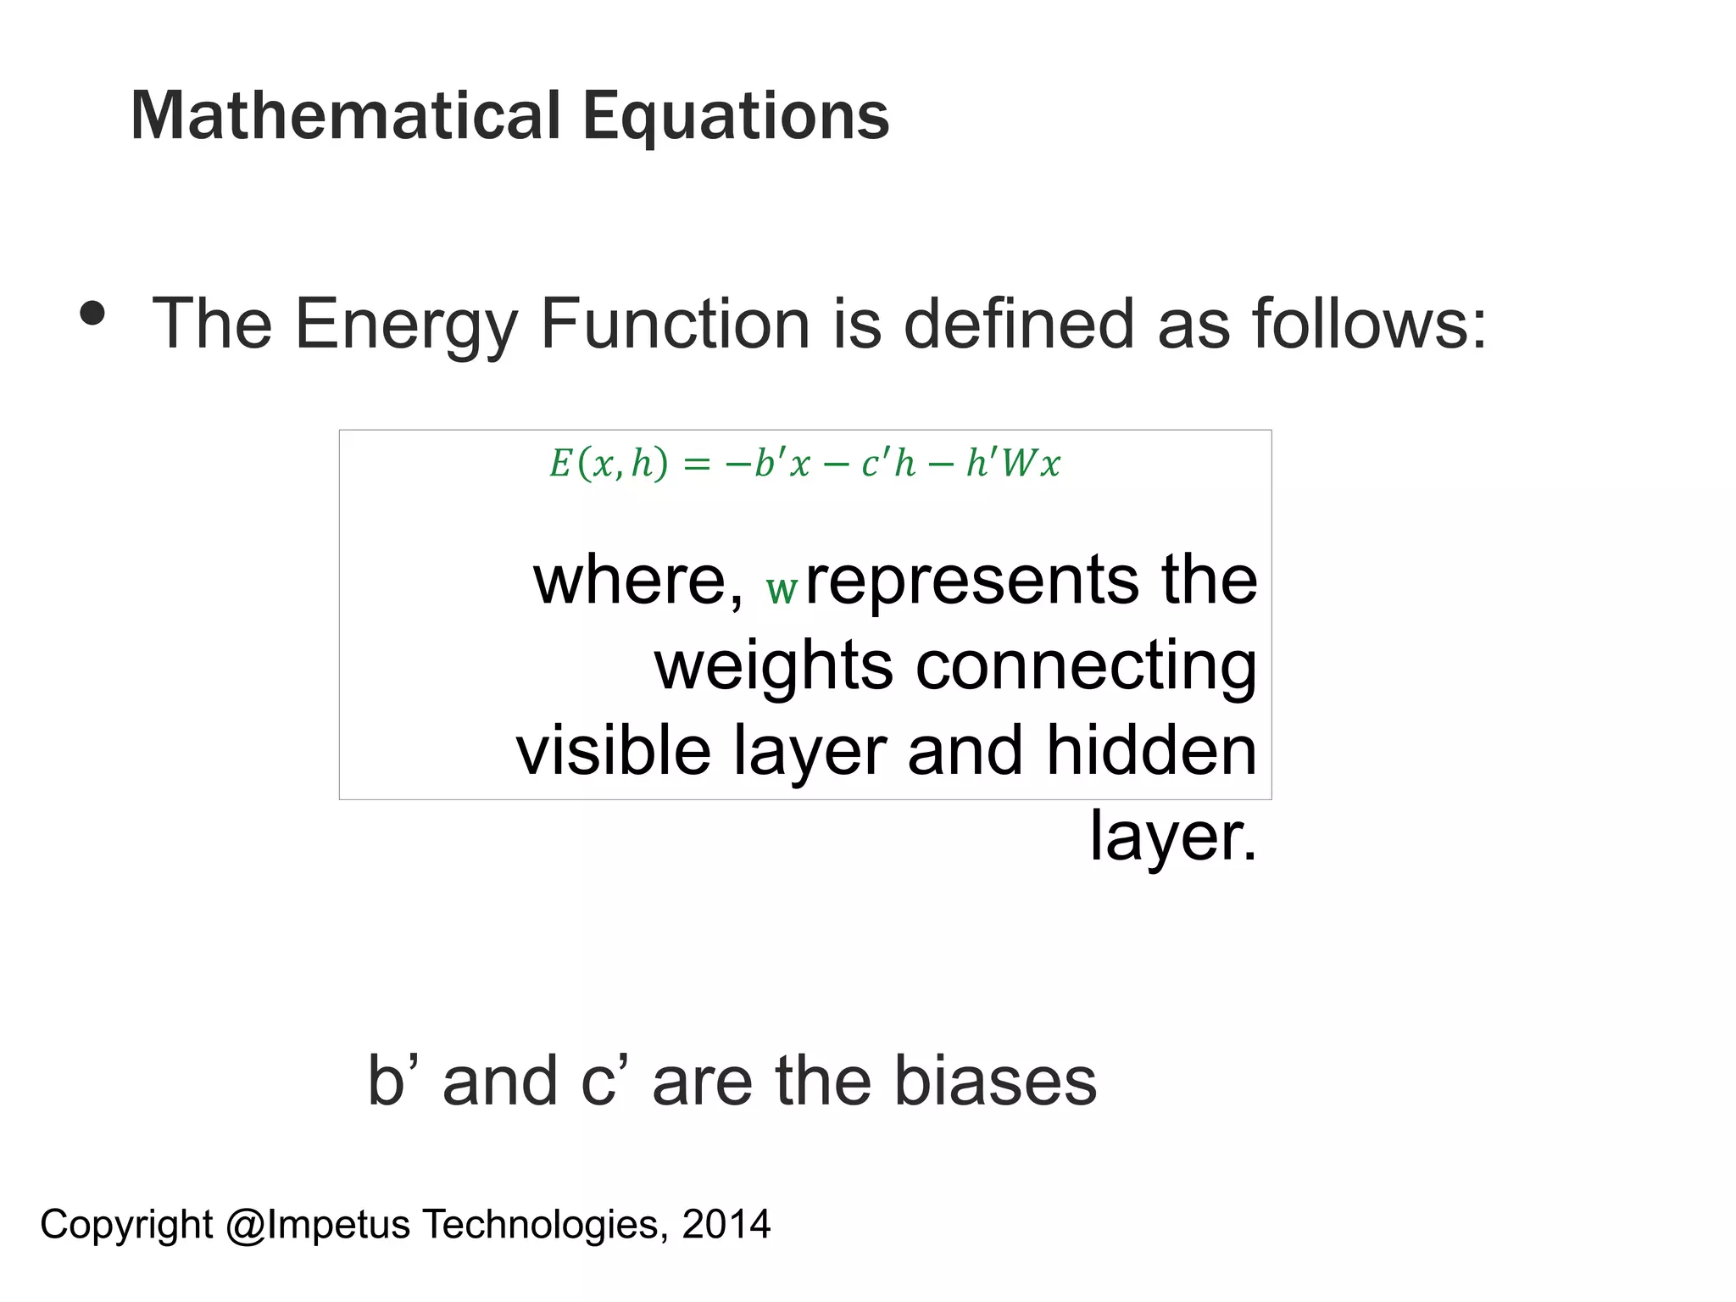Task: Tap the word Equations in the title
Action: (736, 118)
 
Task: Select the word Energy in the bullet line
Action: (405, 325)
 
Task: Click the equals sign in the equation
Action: (697, 465)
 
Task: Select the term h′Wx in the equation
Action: (1013, 464)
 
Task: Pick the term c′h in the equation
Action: (889, 465)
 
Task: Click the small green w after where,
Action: (782, 588)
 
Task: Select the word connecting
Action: (1086, 667)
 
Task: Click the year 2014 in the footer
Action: (726, 1225)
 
